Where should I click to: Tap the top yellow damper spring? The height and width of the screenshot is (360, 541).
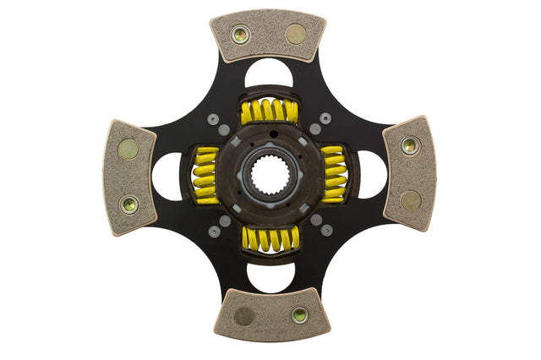(x=269, y=111)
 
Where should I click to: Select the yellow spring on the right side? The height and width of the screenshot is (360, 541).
(x=335, y=172)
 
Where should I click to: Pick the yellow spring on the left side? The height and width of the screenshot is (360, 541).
(x=205, y=175)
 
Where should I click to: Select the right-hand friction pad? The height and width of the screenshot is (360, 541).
(x=410, y=172)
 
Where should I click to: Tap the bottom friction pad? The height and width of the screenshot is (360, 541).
(x=271, y=314)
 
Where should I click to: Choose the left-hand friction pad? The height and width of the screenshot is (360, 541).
(x=129, y=177)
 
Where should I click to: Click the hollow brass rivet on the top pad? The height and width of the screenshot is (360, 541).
(x=240, y=35)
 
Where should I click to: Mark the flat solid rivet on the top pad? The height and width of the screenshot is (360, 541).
(x=296, y=34)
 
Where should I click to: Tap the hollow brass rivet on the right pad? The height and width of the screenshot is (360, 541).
(x=410, y=145)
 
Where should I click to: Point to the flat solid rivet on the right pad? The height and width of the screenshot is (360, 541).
(x=411, y=200)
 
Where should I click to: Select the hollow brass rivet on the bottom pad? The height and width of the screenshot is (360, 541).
(x=299, y=314)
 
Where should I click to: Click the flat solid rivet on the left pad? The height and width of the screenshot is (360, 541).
(x=128, y=150)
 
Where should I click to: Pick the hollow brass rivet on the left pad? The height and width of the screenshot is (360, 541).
(x=129, y=204)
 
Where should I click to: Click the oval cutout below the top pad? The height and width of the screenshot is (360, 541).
(x=269, y=74)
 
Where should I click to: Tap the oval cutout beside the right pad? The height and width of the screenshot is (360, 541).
(x=371, y=174)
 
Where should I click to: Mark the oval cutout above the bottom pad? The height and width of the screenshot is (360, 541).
(x=270, y=275)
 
